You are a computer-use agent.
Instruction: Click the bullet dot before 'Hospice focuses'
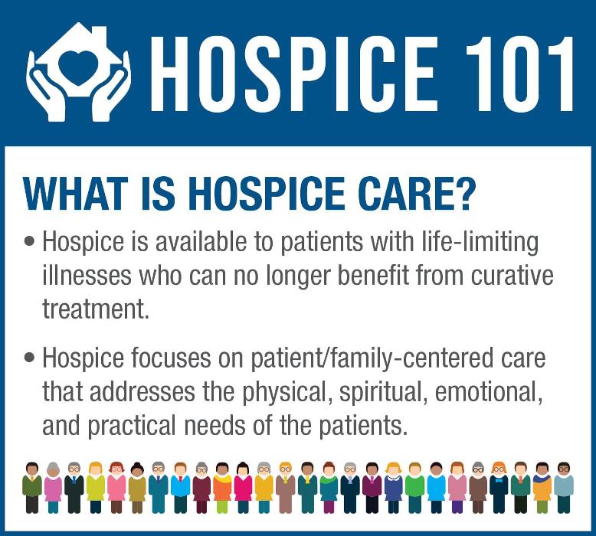point(30,359)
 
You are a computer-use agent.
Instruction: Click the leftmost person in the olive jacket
point(32,486)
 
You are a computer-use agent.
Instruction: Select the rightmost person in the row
point(564,486)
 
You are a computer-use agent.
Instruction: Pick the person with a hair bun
point(137,486)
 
